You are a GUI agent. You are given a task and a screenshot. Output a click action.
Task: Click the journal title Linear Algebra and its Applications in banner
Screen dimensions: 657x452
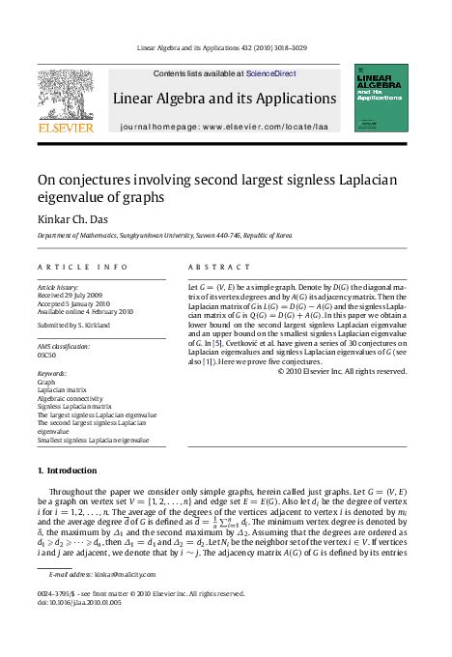[224, 99]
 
